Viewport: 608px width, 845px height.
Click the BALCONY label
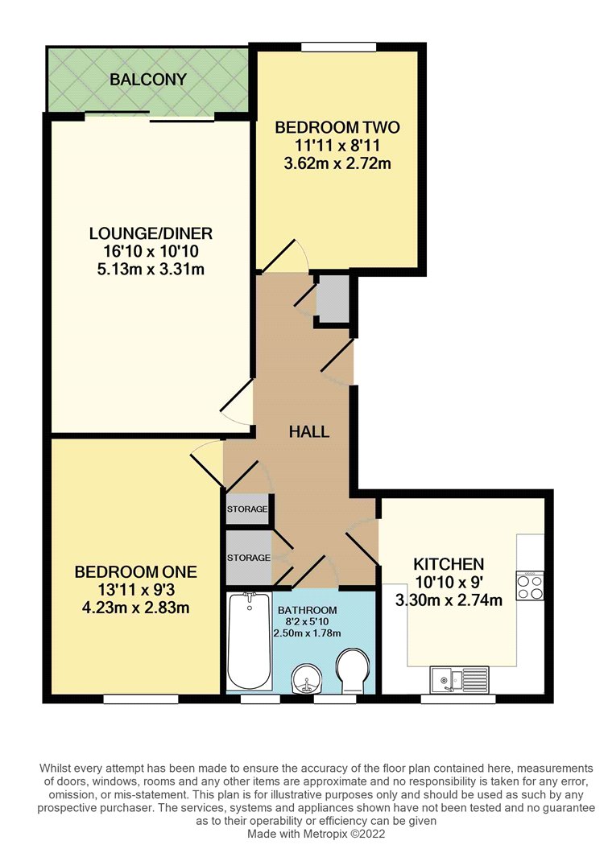[148, 80]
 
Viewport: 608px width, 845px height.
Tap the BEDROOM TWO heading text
[337, 128]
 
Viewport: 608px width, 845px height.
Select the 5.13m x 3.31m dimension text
[151, 268]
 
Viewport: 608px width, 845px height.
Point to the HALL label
[309, 431]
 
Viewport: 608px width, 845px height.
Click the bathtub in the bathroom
[249, 641]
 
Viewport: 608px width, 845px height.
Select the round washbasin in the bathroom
[307, 678]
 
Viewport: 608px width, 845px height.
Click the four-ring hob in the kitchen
[530, 587]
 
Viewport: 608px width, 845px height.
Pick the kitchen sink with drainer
[459, 679]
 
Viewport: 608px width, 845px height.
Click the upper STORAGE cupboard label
[247, 509]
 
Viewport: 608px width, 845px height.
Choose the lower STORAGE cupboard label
[249, 558]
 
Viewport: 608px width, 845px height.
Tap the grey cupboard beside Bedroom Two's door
[333, 299]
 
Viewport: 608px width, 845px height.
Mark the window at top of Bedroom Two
[338, 47]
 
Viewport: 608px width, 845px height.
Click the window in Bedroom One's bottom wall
[141, 699]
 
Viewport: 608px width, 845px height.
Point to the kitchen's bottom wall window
[458, 699]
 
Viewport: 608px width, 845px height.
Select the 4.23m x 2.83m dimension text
[135, 608]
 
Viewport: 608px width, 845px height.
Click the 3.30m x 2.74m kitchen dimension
[449, 600]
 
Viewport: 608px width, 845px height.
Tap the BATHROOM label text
[307, 610]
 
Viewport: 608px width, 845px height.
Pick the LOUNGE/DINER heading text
[151, 233]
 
